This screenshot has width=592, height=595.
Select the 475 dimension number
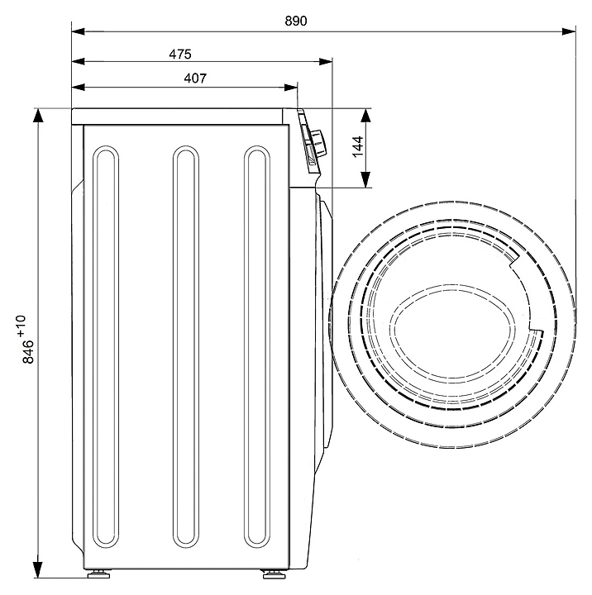point(180,54)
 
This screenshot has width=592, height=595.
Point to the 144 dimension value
point(357,146)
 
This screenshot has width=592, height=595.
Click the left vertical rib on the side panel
point(104,347)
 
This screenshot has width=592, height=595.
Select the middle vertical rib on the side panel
point(185,347)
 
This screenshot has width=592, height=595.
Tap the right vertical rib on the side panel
point(258,347)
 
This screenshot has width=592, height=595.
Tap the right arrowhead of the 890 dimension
point(570,31)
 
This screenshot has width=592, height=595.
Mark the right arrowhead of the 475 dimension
point(327,61)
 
